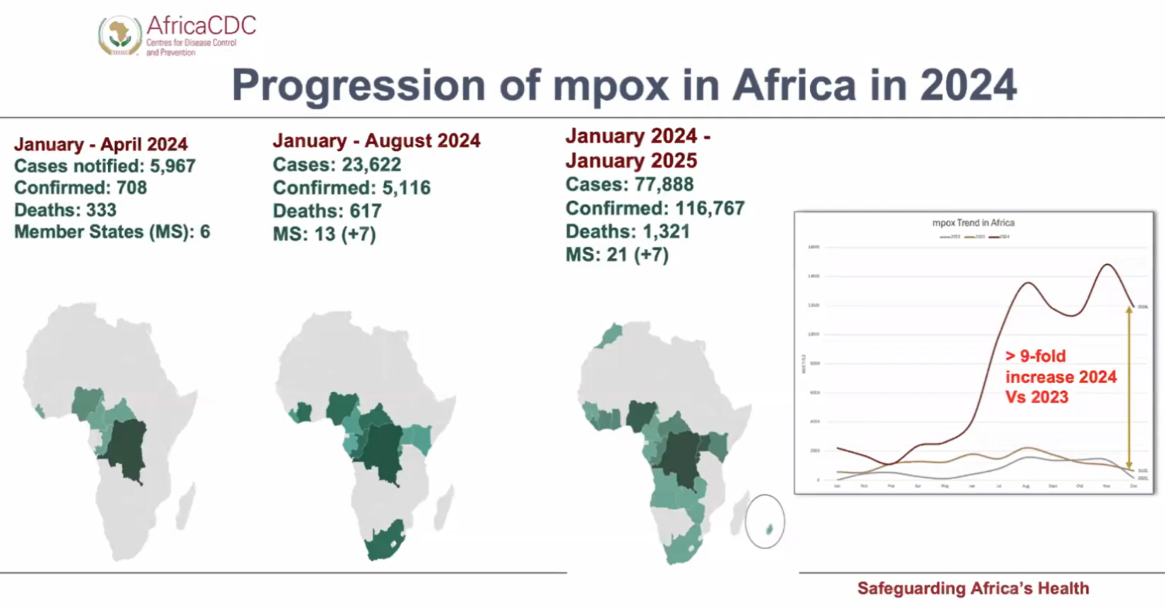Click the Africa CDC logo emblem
(120, 35)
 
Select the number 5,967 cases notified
(172, 166)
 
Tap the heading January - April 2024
(101, 144)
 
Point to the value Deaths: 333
(65, 210)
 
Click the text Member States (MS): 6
(112, 232)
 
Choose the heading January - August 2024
(376, 140)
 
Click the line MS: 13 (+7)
(324, 234)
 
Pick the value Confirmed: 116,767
(655, 209)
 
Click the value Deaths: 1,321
(628, 232)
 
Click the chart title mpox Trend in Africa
(973, 223)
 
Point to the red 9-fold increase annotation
(1060, 377)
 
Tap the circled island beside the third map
(769, 529)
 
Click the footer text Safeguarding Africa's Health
(973, 588)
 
